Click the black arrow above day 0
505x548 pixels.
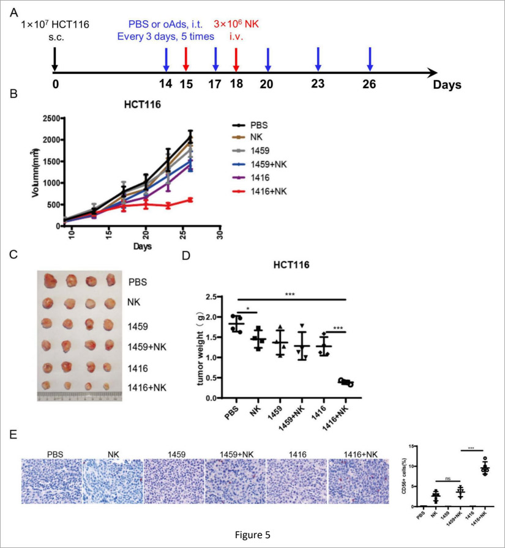(x=55, y=60)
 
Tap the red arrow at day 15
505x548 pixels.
(x=185, y=60)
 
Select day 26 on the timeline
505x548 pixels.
(x=370, y=85)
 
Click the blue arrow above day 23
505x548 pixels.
(x=318, y=60)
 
